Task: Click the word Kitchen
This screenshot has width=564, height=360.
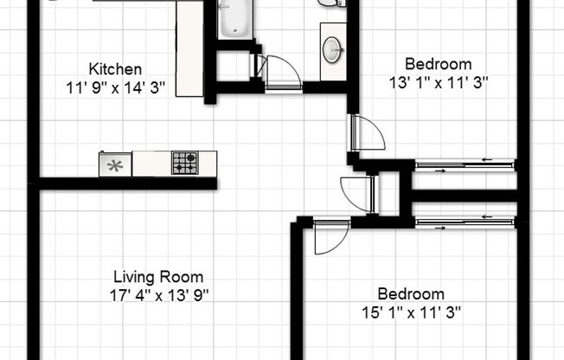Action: click(x=115, y=68)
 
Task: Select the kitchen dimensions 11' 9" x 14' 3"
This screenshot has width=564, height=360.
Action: click(x=115, y=87)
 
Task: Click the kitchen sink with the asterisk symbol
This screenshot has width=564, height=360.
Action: click(x=115, y=163)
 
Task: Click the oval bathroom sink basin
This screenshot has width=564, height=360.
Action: click(x=333, y=50)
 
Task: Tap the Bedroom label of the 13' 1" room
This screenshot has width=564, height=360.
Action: click(x=439, y=63)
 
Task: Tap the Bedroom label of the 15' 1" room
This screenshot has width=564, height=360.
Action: click(x=411, y=293)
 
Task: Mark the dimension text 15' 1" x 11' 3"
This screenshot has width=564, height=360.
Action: click(x=411, y=312)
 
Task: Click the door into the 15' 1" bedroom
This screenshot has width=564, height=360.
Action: click(x=330, y=236)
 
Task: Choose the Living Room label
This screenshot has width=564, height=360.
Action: click(x=159, y=277)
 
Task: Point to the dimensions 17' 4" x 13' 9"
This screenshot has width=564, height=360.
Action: click(x=159, y=295)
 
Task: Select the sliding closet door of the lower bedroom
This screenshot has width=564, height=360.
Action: click(x=465, y=224)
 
